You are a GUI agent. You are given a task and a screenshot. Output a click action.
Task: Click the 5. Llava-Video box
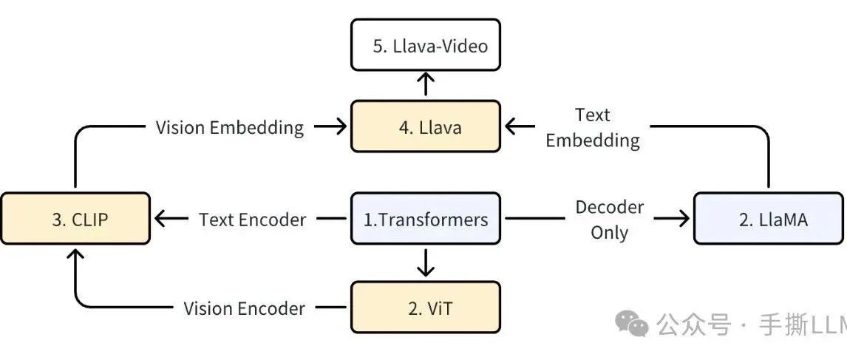[x=426, y=45]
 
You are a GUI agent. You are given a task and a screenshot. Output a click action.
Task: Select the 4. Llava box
[x=426, y=126]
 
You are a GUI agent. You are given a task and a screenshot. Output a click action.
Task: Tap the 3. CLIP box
[x=75, y=218]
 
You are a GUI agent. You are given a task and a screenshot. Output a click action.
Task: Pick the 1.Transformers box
[x=426, y=218]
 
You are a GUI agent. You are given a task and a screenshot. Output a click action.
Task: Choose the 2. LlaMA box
[x=769, y=218]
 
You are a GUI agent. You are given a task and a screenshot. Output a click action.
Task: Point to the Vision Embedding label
[x=230, y=128]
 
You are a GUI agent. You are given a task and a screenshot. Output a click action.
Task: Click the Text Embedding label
[x=593, y=128]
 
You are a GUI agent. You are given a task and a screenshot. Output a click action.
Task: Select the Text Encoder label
[x=252, y=220]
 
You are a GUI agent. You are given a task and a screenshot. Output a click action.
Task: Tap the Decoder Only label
[x=609, y=220]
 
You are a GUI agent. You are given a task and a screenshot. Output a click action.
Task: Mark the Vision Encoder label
[x=244, y=308]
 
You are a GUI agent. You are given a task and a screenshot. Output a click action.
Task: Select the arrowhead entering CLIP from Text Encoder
[x=160, y=218]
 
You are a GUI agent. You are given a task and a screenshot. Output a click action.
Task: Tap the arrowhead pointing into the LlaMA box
[x=684, y=218]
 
